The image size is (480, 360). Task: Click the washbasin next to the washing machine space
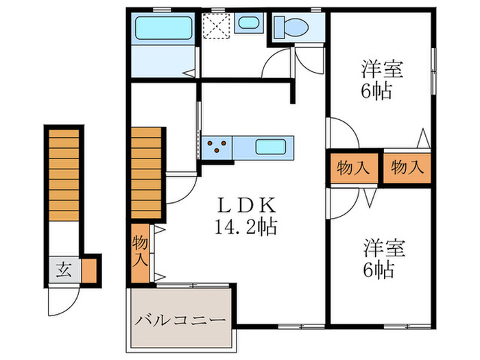click(x=246, y=23)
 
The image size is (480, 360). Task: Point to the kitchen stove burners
click(x=217, y=145)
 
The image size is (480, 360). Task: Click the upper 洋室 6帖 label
click(x=381, y=80)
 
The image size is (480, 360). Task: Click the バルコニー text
click(x=180, y=320)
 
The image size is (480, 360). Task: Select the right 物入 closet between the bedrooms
click(x=407, y=167)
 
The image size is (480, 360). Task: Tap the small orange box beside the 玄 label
click(x=89, y=269)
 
